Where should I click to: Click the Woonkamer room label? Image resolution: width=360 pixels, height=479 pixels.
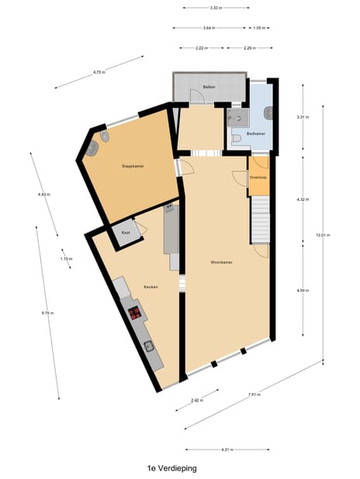coord(222,262)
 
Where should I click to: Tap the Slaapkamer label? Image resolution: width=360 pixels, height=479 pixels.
coord(133,167)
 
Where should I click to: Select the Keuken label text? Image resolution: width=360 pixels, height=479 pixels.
coord(151,288)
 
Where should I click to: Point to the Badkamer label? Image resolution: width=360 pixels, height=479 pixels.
coord(255,134)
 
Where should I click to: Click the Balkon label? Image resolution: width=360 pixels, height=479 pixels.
coord(208,87)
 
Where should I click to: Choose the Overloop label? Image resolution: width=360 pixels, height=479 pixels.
coord(258,177)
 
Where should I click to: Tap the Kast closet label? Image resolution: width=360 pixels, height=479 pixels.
coord(125,232)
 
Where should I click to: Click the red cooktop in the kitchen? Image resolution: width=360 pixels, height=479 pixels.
coord(135,313)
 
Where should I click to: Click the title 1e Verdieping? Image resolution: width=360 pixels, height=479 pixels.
coord(172,468)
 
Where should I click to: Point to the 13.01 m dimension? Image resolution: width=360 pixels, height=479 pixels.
coord(319,235)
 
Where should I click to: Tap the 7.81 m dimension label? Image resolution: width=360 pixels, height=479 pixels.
coord(253,395)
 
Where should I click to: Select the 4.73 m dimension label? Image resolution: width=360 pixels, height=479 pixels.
coord(99,72)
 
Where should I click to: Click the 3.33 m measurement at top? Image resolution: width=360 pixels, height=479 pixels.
coord(216,8)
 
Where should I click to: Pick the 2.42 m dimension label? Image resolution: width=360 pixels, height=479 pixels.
coord(196,401)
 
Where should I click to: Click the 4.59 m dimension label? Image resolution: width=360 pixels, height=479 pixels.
coord(303,290)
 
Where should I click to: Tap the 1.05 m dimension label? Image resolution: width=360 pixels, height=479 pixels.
coord(259,28)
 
